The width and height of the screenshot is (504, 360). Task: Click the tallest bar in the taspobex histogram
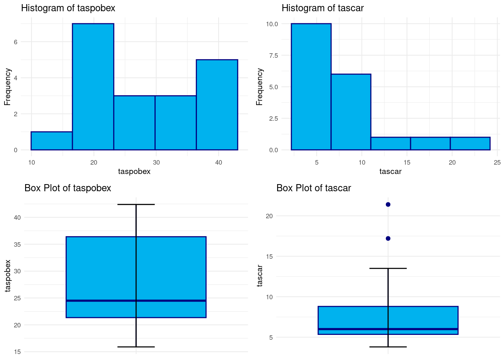(x=93, y=87)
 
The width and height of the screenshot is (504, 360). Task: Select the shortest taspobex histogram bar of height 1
(x=52, y=141)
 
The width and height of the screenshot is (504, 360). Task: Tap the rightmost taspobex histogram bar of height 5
(x=217, y=105)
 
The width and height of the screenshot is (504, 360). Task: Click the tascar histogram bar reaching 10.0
(x=311, y=87)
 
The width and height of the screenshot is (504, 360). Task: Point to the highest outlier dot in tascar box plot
(x=388, y=204)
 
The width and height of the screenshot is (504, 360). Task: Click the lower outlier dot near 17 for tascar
(x=388, y=238)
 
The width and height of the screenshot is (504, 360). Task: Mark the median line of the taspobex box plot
(x=136, y=301)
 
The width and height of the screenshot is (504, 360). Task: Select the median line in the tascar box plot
(x=388, y=329)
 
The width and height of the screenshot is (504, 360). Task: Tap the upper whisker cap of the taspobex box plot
(x=136, y=204)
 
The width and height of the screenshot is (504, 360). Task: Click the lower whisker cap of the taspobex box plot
(x=136, y=347)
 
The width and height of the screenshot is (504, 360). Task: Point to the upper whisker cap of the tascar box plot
(x=388, y=268)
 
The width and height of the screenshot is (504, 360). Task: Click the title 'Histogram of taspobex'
(x=68, y=8)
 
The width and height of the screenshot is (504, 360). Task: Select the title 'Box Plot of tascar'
(x=313, y=188)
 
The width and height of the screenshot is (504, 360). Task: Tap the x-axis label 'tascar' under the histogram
(x=390, y=172)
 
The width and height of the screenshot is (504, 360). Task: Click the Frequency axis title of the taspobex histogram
(x=7, y=87)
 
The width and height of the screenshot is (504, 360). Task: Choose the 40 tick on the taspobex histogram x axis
(x=219, y=162)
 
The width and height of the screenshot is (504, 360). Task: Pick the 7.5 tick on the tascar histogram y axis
(x=271, y=55)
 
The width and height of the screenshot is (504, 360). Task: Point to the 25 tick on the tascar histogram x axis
(x=497, y=162)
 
